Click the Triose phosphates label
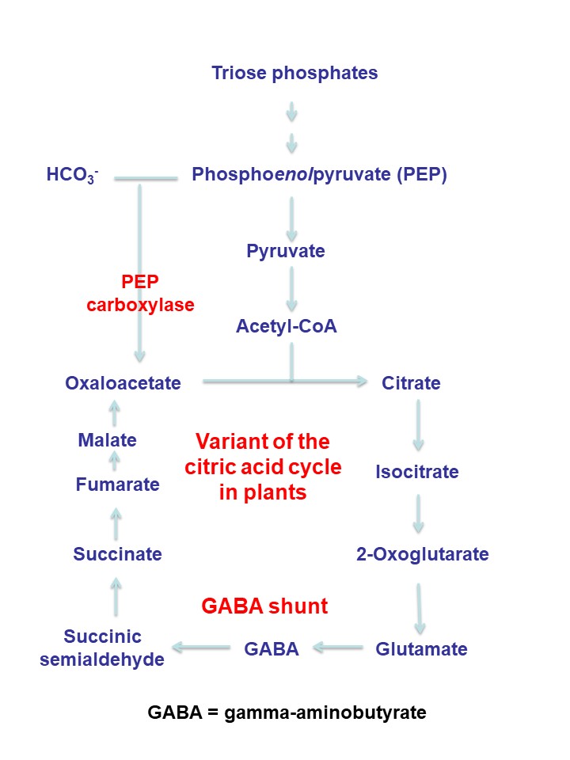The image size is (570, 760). coord(294,74)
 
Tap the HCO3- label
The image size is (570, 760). coord(71,176)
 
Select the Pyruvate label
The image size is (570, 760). coord(286,252)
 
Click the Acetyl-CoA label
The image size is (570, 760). coord(287,326)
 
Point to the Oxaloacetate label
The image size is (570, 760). coord(123,383)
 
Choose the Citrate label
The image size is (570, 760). coord(411,383)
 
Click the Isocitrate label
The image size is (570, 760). coord(417,472)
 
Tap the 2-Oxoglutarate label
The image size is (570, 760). coord(423,554)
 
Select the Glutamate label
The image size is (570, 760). coord(421,649)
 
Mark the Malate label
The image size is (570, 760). coord(108,440)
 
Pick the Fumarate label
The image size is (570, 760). coord(117,484)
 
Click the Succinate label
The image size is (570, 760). coord(117,554)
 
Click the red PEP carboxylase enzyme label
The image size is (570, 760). coord(141,293)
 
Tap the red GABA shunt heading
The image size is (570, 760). coord(264,606)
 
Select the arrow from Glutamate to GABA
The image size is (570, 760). coord(339,649)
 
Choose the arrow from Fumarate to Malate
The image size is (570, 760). coord(115,459)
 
